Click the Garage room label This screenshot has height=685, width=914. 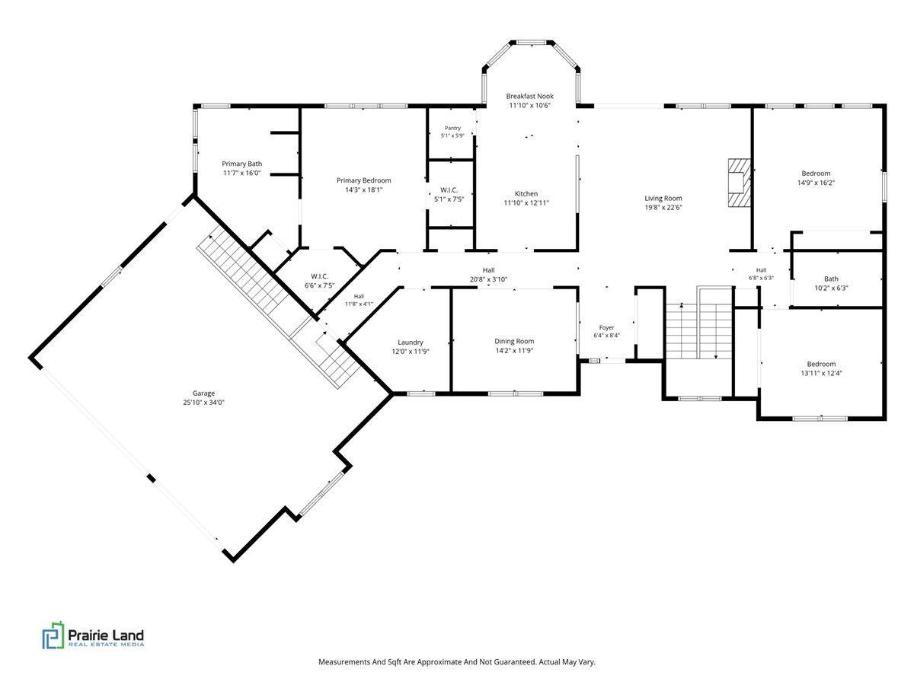pos(203,393)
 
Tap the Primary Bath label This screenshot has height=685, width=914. pos(242,164)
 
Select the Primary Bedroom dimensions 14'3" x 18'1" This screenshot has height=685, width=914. pos(364,190)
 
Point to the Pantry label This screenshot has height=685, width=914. pos(452,128)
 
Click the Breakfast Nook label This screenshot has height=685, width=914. pos(529,96)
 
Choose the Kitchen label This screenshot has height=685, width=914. pos(526,194)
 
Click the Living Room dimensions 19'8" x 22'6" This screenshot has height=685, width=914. pos(663,208)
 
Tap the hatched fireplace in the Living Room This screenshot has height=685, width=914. pos(739,183)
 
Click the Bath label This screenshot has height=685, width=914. pos(831,279)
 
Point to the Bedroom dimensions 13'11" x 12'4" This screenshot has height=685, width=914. pos(821,373)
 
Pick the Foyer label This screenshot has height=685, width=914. pos(607,328)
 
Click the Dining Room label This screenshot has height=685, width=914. pos(514,342)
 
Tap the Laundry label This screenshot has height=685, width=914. pos(410,342)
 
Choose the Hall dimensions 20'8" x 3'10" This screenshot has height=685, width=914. pos(488,279)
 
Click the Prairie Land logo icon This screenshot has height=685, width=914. pos(53,635)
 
